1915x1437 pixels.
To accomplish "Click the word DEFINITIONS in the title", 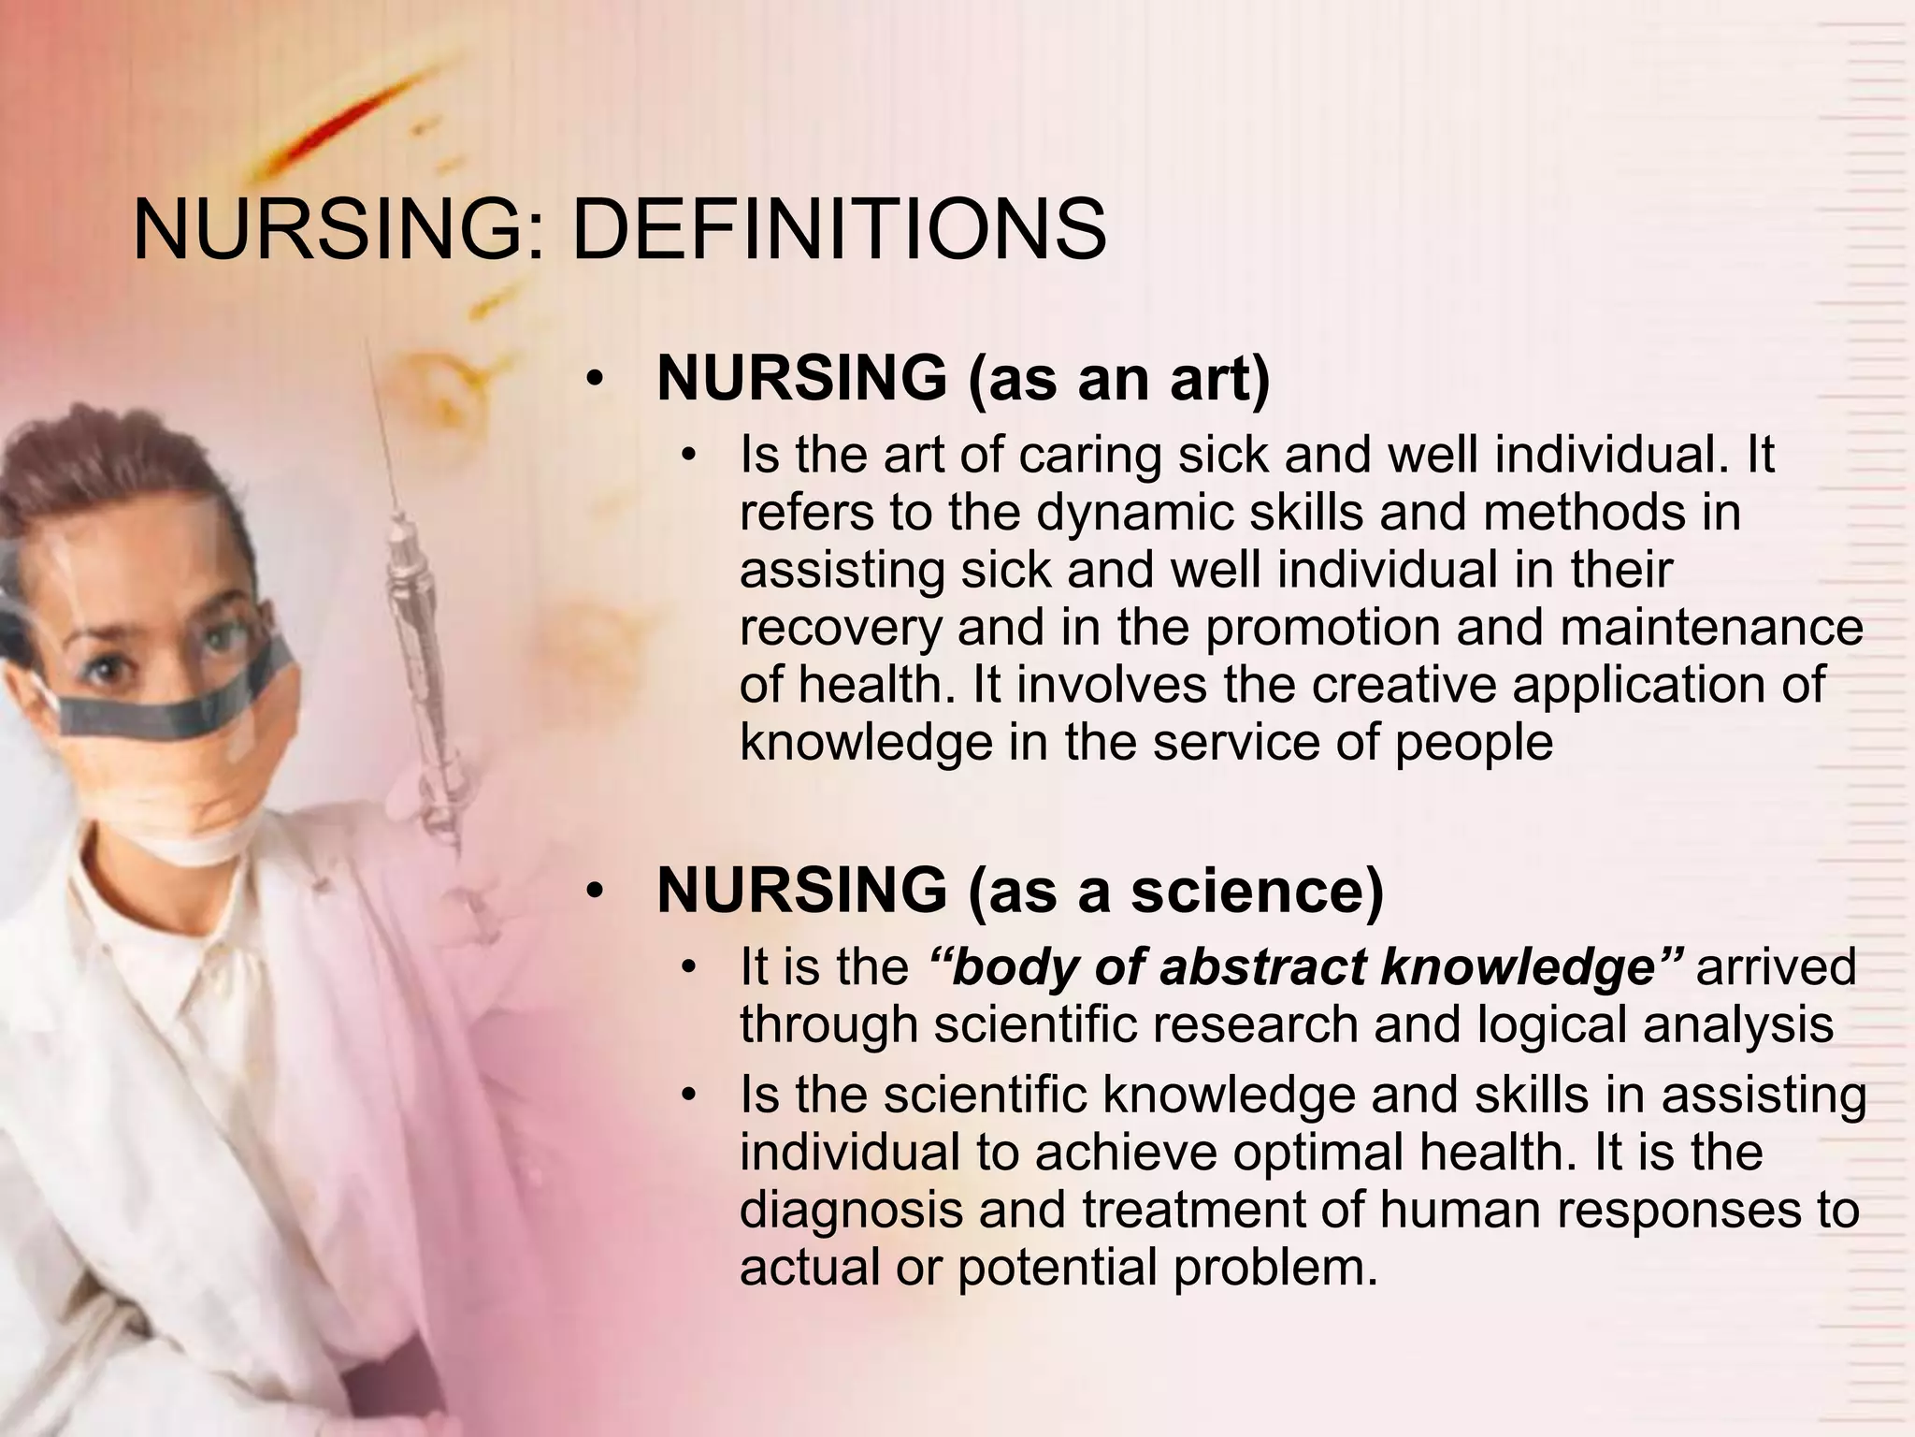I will pos(839,230).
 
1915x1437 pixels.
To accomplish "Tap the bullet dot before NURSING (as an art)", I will pos(595,380).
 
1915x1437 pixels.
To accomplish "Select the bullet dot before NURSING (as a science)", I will pos(595,892).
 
